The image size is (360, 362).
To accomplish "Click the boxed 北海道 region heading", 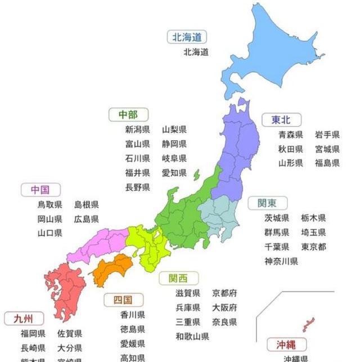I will pos(187,38).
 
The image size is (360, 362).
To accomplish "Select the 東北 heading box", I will pos(281,119).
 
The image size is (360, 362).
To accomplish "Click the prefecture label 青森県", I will pos(291,135).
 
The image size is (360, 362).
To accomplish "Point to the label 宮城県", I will pos(327,149).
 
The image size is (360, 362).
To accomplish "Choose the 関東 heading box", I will pos(268,203).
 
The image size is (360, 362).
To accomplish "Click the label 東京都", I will pos(314,247).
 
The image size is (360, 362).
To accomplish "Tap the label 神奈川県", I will pos(281,261).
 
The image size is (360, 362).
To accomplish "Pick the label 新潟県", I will pos(138,129).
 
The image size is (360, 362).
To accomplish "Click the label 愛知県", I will pos(174,173).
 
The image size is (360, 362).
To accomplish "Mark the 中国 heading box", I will pos(41,190).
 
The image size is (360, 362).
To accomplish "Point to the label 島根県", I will pos(87,204).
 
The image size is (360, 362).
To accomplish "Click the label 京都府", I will pos(224,293).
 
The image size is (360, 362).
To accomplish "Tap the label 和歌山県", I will pos(192,337).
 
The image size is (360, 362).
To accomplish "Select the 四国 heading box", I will pos(123,300).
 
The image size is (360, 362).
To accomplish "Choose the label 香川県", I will pos(132,315).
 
